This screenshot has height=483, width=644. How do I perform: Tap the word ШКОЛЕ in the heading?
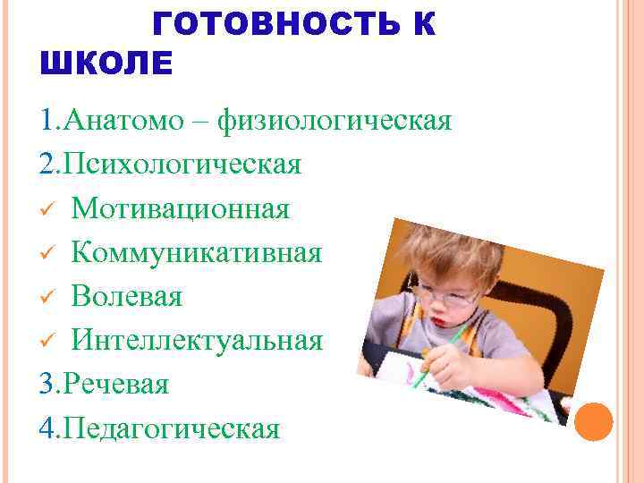(x=106, y=64)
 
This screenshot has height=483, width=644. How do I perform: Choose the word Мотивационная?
(x=181, y=208)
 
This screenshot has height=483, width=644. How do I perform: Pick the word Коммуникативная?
(x=197, y=252)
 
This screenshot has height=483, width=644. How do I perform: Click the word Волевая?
(x=127, y=296)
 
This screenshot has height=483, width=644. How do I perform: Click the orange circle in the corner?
(x=593, y=420)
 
